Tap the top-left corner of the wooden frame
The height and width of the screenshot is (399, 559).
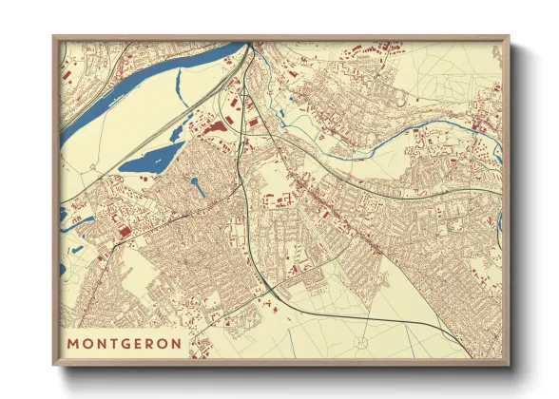click(x=54, y=37)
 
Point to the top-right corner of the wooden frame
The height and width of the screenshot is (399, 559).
click(x=509, y=37)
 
